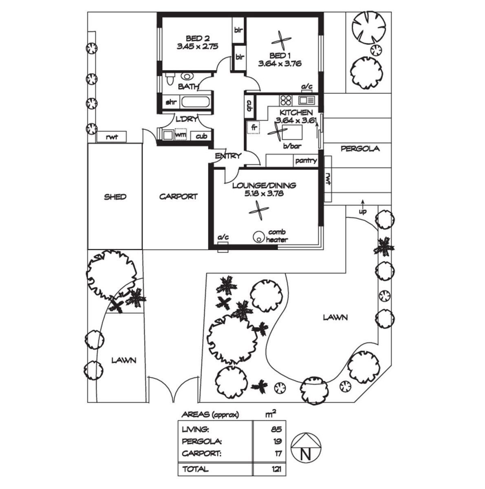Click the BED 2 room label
pyautogui.click(x=198, y=39)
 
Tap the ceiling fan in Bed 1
pyautogui.click(x=281, y=41)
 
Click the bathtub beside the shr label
pyautogui.click(x=196, y=102)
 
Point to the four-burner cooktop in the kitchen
pyautogui.click(x=286, y=100)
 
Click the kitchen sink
pyautogui.click(x=307, y=100)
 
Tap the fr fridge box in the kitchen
pyautogui.click(x=254, y=128)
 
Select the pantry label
pyautogui.click(x=306, y=161)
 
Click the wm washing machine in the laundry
pyautogui.click(x=181, y=134)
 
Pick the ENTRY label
pyautogui.click(x=228, y=156)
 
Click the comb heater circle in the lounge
pyautogui.click(x=259, y=237)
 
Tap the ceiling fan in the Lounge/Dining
pyautogui.click(x=259, y=211)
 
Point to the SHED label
pyautogui.click(x=115, y=197)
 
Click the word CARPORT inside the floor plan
pyautogui.click(x=178, y=196)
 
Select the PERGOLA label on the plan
pyautogui.click(x=360, y=148)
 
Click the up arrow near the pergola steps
pyautogui.click(x=363, y=203)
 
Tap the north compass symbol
pyautogui.click(x=306, y=447)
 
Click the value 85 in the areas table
pyautogui.click(x=276, y=429)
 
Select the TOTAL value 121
pyautogui.click(x=276, y=469)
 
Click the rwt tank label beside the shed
pyautogui.click(x=112, y=137)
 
